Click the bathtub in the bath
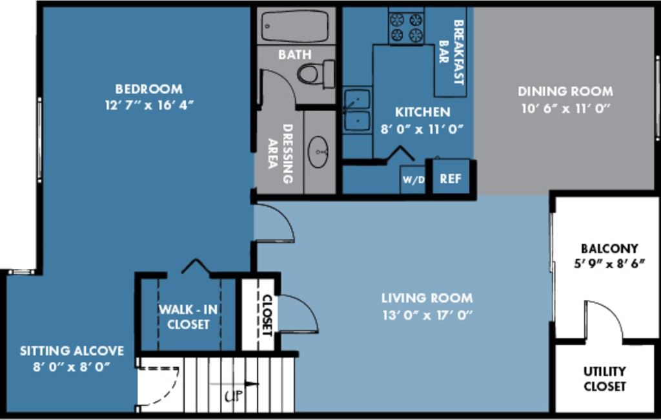point(295,26)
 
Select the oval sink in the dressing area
point(318,152)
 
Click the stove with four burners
point(406,27)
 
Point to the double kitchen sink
point(356,110)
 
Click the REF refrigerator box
point(451,178)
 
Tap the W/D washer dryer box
point(413,179)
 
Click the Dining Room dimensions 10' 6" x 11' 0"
point(565,109)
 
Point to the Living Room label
point(427,298)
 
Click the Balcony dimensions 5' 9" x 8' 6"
point(609,264)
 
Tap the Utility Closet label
point(605,379)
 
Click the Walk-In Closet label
point(188,317)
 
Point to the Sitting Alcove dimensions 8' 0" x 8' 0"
point(71,366)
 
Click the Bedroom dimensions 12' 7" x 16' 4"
point(149,105)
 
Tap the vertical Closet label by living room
point(266,315)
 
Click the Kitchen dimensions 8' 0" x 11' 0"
point(423,129)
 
